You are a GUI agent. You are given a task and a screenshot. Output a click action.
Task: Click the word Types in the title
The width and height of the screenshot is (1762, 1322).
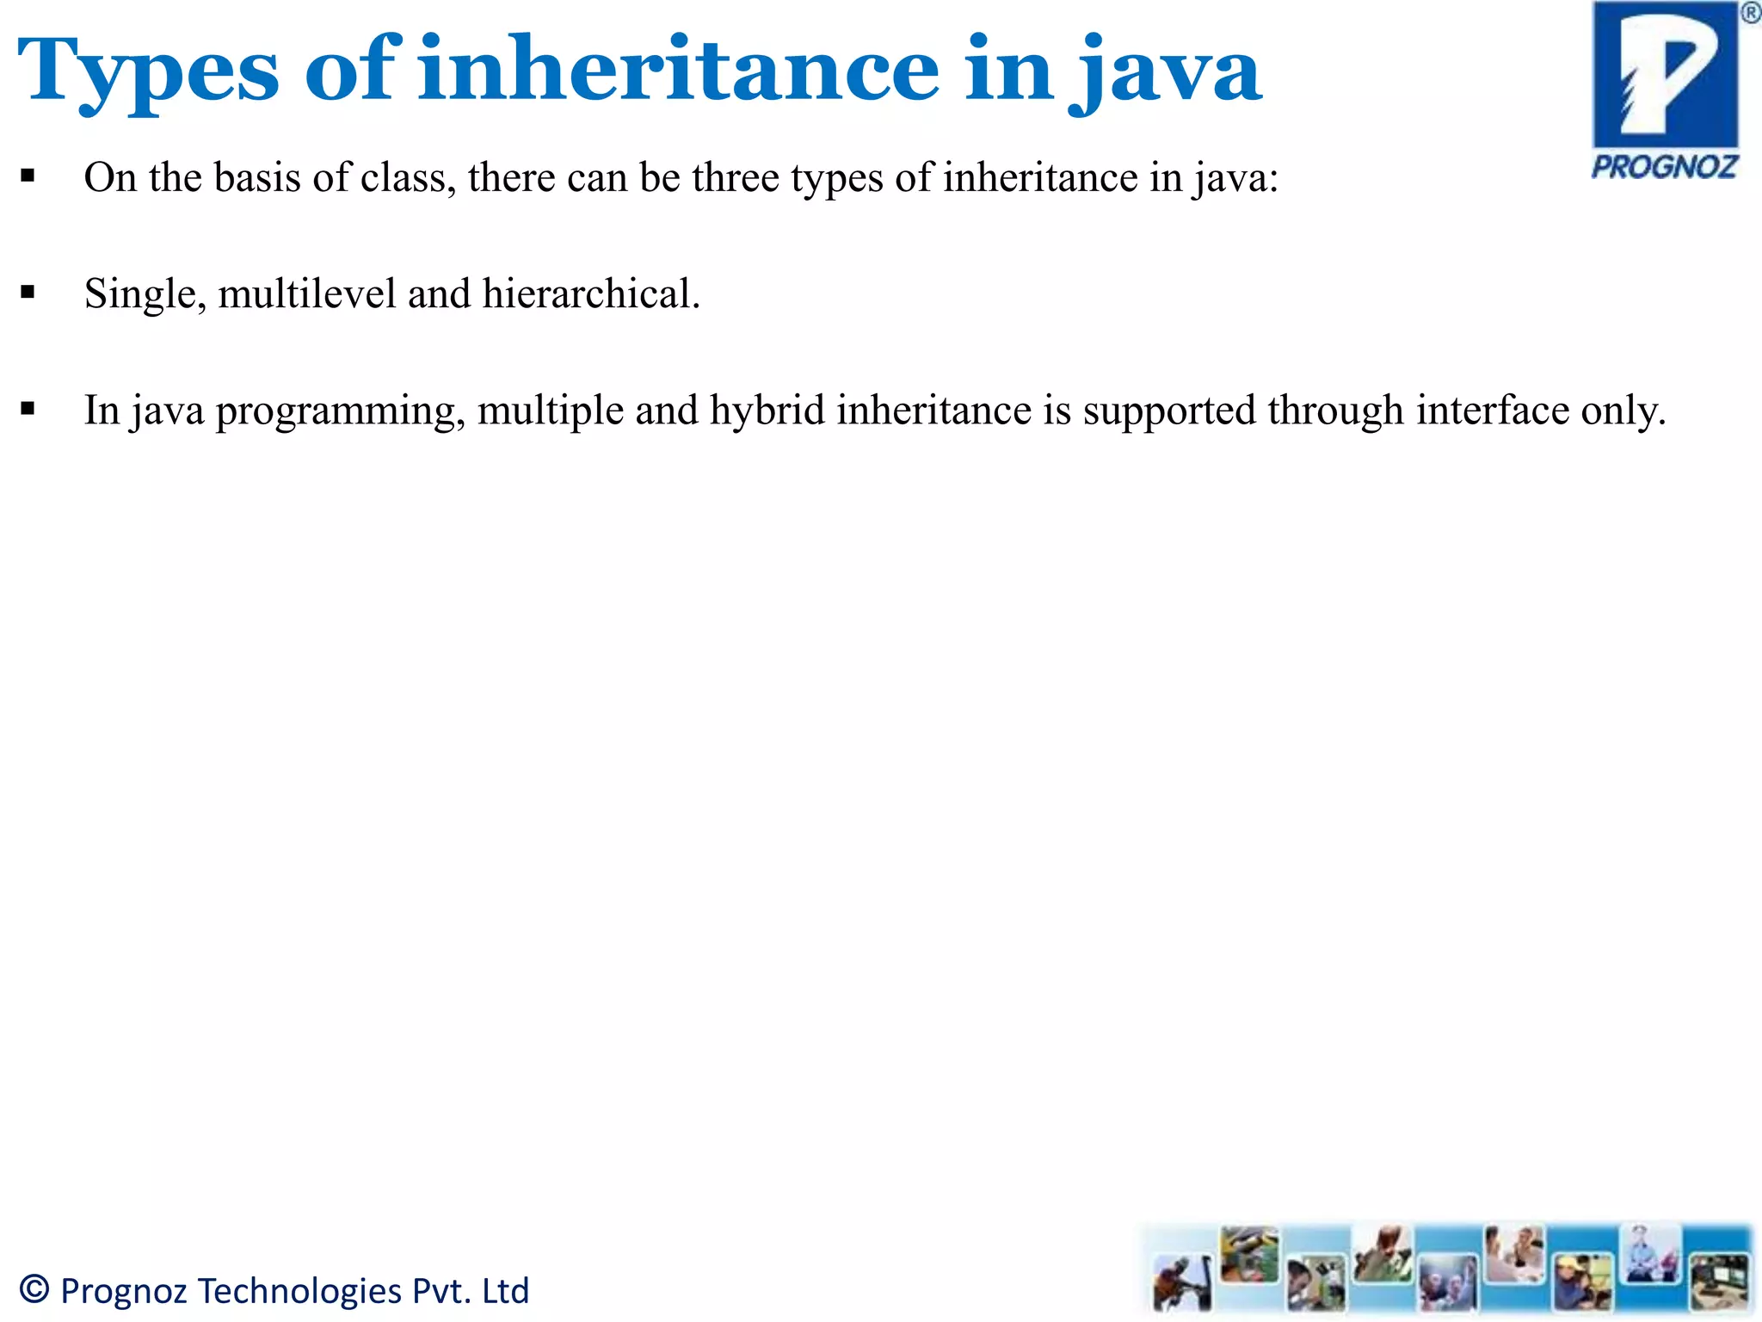(x=148, y=71)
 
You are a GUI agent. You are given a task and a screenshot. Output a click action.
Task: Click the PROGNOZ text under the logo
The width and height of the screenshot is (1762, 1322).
(x=1664, y=166)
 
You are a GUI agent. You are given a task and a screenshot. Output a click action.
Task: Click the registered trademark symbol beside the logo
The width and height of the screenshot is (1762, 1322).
(x=1750, y=13)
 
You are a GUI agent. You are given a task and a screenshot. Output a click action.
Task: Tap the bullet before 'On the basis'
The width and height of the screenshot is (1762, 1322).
(x=28, y=176)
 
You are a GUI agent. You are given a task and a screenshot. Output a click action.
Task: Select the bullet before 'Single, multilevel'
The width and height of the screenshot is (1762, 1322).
(x=28, y=293)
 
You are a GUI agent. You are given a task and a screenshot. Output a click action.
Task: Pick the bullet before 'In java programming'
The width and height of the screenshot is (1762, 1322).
(x=28, y=409)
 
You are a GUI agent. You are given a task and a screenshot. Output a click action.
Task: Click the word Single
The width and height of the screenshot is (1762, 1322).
(x=145, y=294)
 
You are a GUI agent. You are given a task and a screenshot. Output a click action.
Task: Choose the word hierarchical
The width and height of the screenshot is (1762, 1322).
(x=590, y=293)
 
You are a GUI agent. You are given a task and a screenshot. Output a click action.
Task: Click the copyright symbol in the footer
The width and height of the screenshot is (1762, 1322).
(x=34, y=1289)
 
